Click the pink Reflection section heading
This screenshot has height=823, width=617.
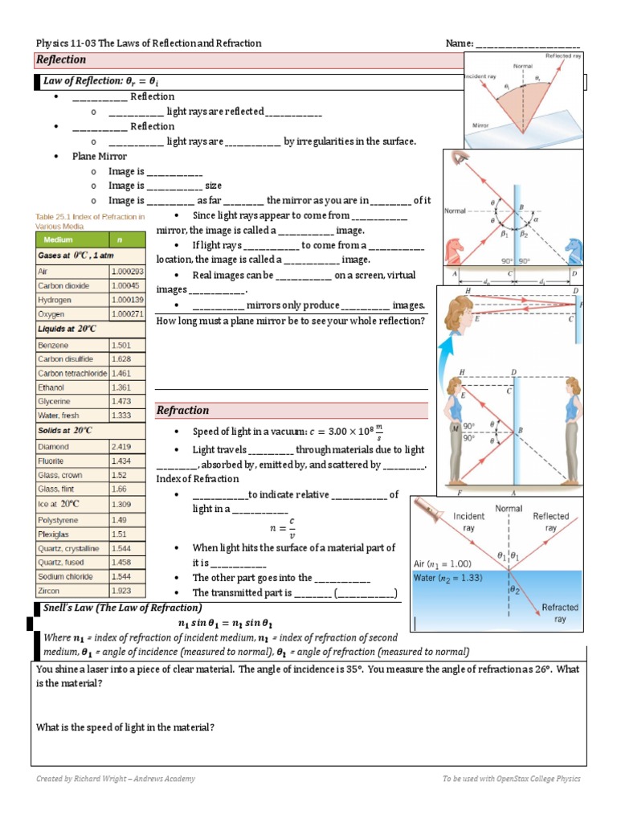tap(61, 60)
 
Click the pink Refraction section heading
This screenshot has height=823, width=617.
tap(183, 410)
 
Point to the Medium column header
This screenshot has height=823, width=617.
tap(59, 240)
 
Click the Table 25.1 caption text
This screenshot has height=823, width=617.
tap(90, 221)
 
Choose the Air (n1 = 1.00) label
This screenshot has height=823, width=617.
tap(443, 563)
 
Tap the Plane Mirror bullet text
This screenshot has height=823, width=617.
tap(100, 157)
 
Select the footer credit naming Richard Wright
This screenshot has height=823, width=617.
tap(116, 779)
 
